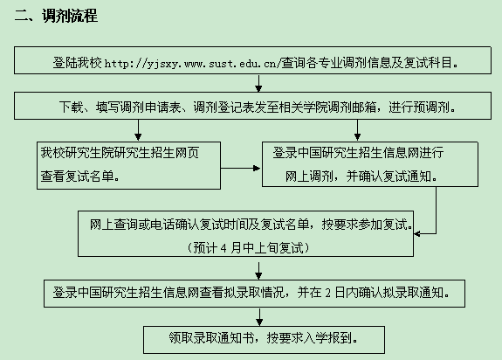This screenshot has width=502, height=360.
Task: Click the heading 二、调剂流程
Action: click(56, 16)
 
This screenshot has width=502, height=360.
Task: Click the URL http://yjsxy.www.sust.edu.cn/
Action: click(193, 64)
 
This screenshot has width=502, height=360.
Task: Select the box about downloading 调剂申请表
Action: click(252, 106)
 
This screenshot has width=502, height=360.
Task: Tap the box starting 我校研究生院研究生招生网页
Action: click(128, 165)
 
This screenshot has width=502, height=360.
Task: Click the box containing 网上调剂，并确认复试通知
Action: click(370, 164)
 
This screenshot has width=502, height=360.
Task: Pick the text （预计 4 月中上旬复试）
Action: click(249, 247)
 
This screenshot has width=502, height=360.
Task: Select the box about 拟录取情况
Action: click(255, 294)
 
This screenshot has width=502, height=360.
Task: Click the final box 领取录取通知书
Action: click(265, 340)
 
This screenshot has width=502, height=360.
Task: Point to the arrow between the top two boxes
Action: click(258, 83)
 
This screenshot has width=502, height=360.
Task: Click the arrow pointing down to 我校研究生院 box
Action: click(138, 130)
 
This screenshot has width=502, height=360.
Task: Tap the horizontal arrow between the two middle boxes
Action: click(240, 168)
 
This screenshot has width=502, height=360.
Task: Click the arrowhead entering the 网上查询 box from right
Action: click(416, 233)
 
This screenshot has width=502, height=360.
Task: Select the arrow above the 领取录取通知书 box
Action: click(259, 317)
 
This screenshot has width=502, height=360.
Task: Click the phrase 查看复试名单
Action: click(77, 177)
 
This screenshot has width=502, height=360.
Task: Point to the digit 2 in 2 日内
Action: click(327, 293)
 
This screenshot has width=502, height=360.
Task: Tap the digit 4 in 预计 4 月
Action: click(223, 248)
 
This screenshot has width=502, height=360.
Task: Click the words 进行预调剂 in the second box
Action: click(419, 107)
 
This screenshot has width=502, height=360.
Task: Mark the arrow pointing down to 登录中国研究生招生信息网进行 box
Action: click(357, 130)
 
